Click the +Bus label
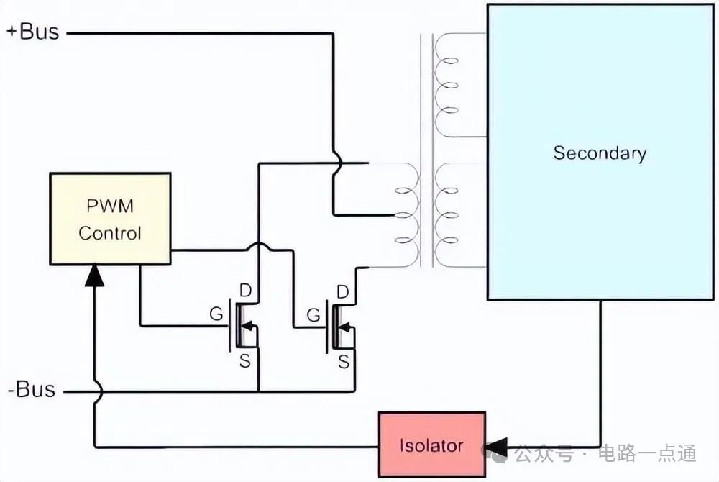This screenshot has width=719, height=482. [x=32, y=32]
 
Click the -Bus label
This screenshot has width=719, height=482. [x=31, y=391]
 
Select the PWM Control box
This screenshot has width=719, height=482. [x=109, y=219]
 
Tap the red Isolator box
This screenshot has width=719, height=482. [x=431, y=445]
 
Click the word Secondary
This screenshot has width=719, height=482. [x=600, y=153]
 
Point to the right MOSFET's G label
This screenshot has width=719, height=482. [x=313, y=314]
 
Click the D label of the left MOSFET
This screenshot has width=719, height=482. [x=245, y=291]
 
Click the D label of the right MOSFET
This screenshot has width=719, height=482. [x=343, y=291]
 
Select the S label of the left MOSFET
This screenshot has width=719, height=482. [x=245, y=361]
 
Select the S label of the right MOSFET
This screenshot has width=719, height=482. [x=344, y=361]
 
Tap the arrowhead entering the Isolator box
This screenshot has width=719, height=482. [x=496, y=446]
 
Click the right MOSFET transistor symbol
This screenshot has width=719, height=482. [x=341, y=326]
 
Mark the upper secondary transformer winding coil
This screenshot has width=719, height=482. [x=449, y=85]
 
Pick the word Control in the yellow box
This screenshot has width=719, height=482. [x=109, y=233]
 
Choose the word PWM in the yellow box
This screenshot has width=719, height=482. [x=109, y=206]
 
